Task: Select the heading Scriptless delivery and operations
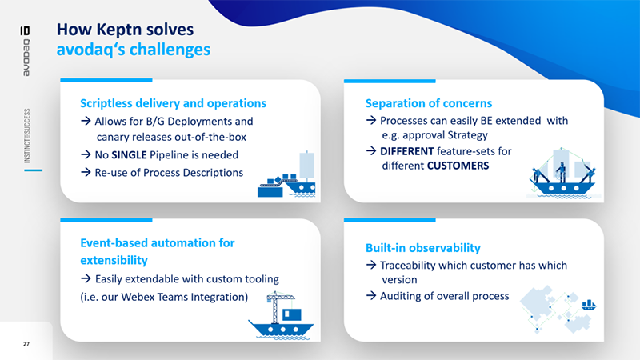click(173, 103)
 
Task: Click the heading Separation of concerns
click(428, 103)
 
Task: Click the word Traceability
click(418, 265)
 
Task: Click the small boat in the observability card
click(590, 304)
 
